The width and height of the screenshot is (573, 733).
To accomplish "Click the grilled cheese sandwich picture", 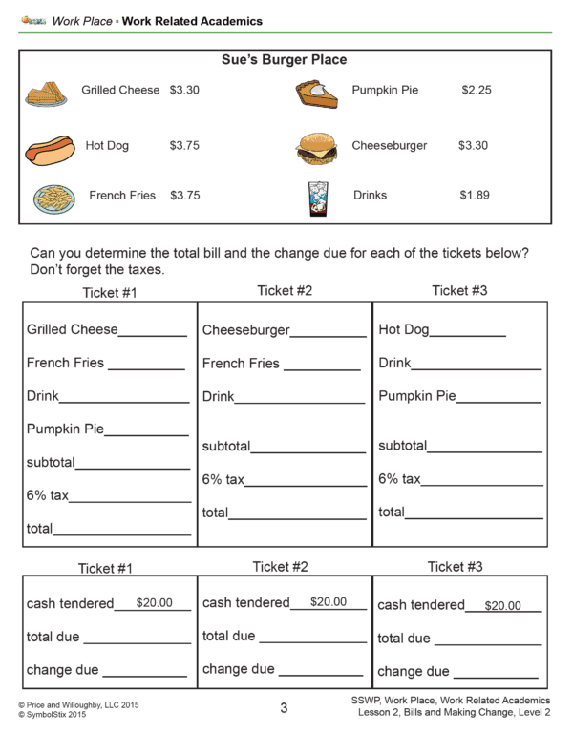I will (x=47, y=93).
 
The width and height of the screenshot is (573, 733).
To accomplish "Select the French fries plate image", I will (x=54, y=199).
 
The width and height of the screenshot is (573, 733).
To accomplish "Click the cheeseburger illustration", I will (x=316, y=147).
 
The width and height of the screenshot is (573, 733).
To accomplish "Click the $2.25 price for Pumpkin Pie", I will (x=476, y=91).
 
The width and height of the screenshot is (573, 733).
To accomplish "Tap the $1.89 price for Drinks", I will (x=475, y=195).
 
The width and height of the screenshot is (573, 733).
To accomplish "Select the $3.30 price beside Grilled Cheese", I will (x=184, y=91).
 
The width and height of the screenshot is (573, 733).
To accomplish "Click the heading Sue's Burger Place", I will (x=285, y=60).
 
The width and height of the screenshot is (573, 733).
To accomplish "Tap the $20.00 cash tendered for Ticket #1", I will (x=155, y=603).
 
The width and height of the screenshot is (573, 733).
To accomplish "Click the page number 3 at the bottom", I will (x=284, y=708).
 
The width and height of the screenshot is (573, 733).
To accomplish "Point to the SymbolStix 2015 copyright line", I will (x=53, y=714).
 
